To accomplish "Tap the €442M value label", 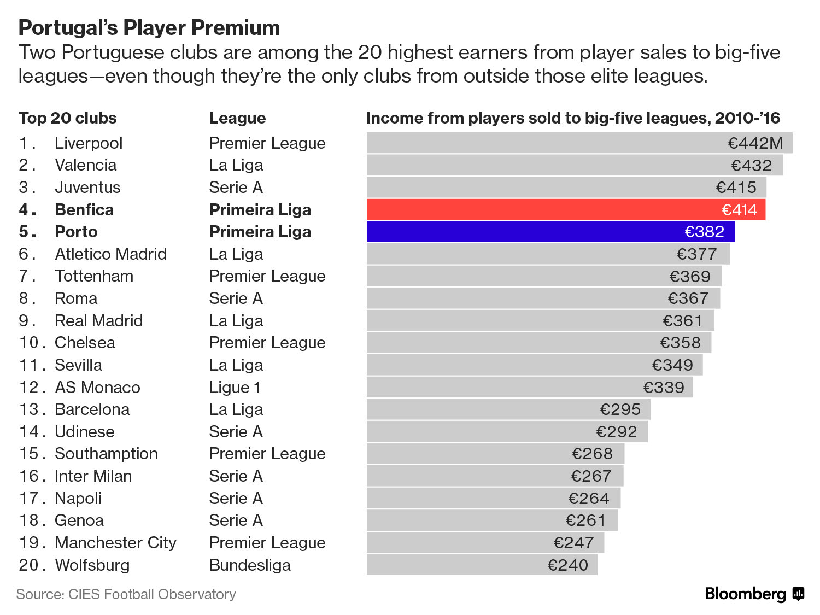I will click(x=755, y=143).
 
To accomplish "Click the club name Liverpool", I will click(x=89, y=143).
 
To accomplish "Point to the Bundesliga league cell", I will click(x=250, y=565).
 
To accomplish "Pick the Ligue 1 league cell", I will click(x=235, y=387).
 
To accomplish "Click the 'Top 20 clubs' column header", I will click(x=68, y=118).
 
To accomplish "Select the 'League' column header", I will click(x=237, y=118).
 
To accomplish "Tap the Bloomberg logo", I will click(x=754, y=594).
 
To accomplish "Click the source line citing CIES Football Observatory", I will click(x=126, y=594).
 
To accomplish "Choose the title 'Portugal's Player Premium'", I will click(x=149, y=28).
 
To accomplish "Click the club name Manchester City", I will click(x=116, y=543).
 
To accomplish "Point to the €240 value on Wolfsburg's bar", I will click(x=568, y=565).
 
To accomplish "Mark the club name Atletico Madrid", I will click(x=111, y=254).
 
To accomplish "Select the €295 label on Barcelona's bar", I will click(x=620, y=409).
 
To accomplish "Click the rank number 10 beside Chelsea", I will click(x=28, y=343).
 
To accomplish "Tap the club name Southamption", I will click(x=106, y=454).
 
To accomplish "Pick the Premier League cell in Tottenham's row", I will click(x=267, y=276).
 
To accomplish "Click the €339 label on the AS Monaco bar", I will click(x=664, y=388).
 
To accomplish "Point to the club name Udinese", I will click(x=85, y=432).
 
